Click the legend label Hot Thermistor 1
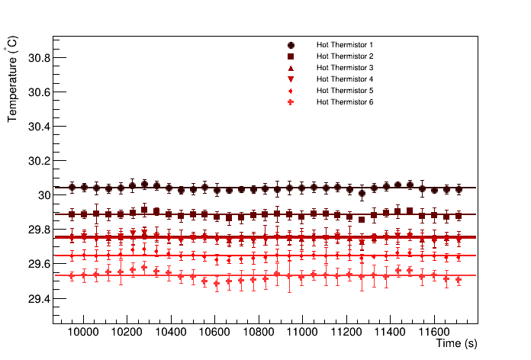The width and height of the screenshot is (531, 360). (345, 45)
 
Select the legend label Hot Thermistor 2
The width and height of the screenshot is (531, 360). (345, 56)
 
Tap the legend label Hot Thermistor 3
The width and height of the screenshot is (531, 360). (345, 68)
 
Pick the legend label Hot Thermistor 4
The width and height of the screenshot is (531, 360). (345, 79)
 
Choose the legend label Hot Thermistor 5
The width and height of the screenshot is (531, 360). (345, 91)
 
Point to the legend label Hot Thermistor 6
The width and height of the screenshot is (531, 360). (345, 102)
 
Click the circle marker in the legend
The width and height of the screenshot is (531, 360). (291, 45)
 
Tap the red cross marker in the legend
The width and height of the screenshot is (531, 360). (291, 102)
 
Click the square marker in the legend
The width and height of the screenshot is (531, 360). (291, 56)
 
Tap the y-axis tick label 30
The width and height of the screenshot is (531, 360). (43, 195)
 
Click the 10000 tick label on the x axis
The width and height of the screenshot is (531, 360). (84, 333)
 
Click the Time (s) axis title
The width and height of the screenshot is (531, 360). (457, 345)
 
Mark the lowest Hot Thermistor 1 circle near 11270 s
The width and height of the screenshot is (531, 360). (362, 193)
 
